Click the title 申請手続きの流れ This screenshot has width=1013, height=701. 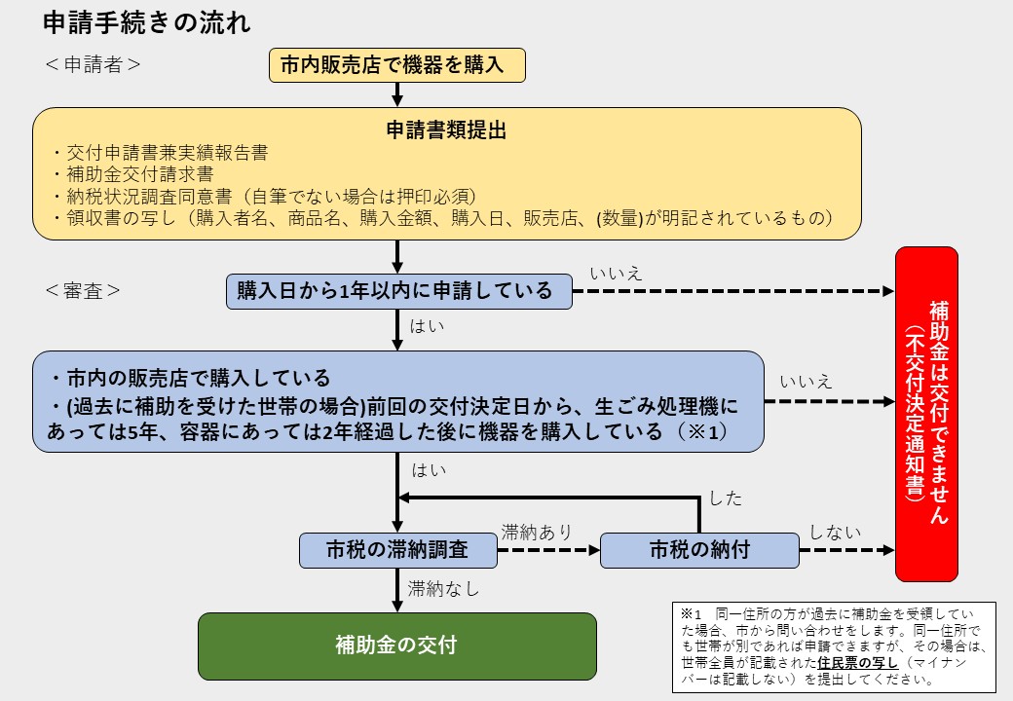point(146,22)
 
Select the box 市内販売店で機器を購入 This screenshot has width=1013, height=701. point(397,65)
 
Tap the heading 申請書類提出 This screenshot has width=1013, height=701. point(446,129)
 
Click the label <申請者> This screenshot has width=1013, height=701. point(93,65)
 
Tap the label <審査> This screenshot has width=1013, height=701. point(83,290)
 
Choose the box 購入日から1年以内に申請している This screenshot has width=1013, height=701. point(395,290)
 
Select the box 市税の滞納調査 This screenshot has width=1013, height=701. point(397,550)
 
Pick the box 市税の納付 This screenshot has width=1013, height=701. point(699,550)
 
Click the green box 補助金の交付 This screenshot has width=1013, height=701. point(396,645)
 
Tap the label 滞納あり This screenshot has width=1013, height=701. point(537,533)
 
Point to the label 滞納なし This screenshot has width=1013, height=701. point(444,588)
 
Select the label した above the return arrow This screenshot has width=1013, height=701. point(726,498)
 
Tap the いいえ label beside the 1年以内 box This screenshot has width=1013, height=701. point(616,273)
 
